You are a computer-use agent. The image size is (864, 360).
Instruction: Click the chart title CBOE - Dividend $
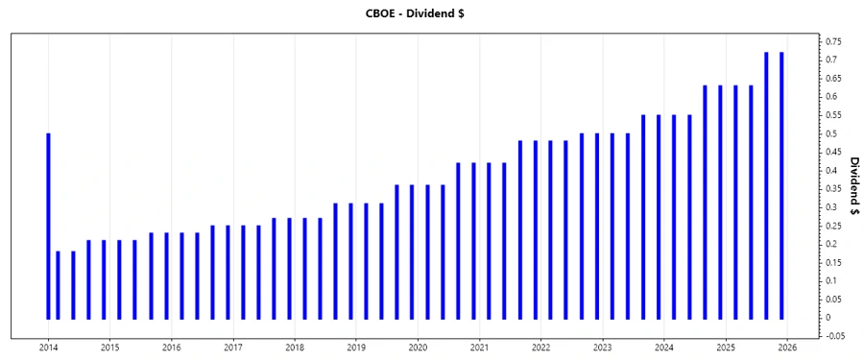point(431,13)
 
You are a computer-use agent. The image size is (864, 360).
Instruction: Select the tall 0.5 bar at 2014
point(48,226)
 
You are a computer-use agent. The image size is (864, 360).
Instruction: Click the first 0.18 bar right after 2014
point(58,284)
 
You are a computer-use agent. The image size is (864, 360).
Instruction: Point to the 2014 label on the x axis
point(48,347)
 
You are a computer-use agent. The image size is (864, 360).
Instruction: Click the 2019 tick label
point(356,347)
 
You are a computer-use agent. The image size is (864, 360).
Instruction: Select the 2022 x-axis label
point(540,347)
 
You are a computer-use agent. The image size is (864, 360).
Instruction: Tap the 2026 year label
point(787,347)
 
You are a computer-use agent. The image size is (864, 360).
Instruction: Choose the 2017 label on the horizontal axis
point(232,347)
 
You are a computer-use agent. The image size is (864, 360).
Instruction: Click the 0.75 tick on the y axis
point(832,41)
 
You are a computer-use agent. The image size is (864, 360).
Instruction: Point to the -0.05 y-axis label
point(833,336)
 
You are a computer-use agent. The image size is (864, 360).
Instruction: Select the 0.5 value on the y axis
point(830,133)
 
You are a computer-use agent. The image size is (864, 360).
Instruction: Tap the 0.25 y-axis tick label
point(832,226)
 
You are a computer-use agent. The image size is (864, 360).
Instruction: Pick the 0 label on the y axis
point(827,318)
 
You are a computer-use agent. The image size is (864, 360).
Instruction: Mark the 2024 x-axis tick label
point(663,347)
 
